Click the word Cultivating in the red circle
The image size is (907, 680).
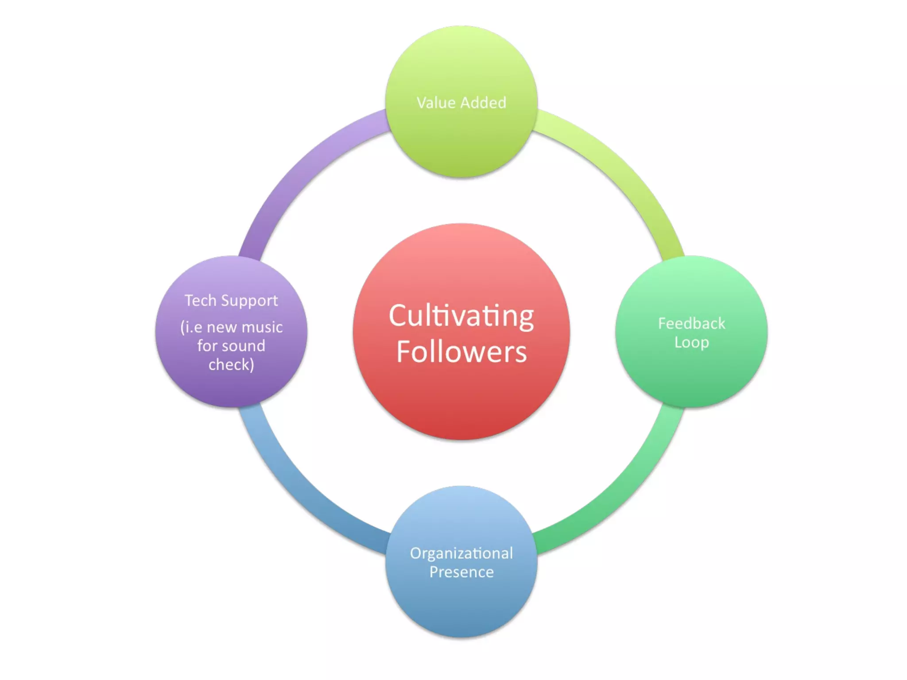pos(461,317)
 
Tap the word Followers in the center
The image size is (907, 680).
pos(461,352)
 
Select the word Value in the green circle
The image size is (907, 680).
pos(436,103)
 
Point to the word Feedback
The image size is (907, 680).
pos(691,324)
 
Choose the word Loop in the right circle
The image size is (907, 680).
pos(691,343)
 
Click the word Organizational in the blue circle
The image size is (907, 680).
pos(461,553)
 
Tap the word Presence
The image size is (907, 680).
pos(461,572)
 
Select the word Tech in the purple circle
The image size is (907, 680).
pos(200,301)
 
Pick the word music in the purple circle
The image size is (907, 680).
pos(262,327)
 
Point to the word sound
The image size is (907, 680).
pos(243,346)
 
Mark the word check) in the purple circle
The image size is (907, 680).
pos(231,365)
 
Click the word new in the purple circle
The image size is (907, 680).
pos(221,328)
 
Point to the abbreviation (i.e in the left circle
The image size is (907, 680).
pos(191,328)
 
